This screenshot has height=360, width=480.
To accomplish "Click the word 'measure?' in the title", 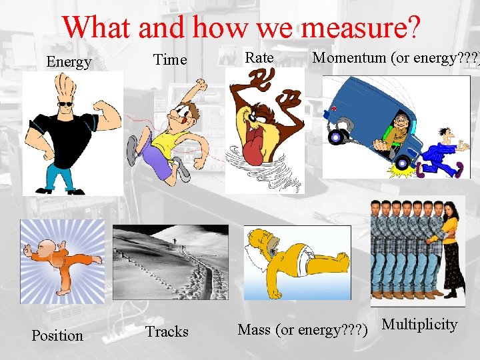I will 361,27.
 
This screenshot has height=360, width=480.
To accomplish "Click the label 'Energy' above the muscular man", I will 68,62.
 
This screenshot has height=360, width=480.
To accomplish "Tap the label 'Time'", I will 170,59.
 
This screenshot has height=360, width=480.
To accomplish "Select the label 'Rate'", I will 259,58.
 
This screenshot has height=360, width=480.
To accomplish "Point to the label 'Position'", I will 57,335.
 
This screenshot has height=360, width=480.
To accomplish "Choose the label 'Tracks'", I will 167,331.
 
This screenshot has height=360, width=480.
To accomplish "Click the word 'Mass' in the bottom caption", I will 254,329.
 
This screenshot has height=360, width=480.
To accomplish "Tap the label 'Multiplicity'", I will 419,325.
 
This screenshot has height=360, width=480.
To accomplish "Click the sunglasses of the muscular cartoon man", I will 67,104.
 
